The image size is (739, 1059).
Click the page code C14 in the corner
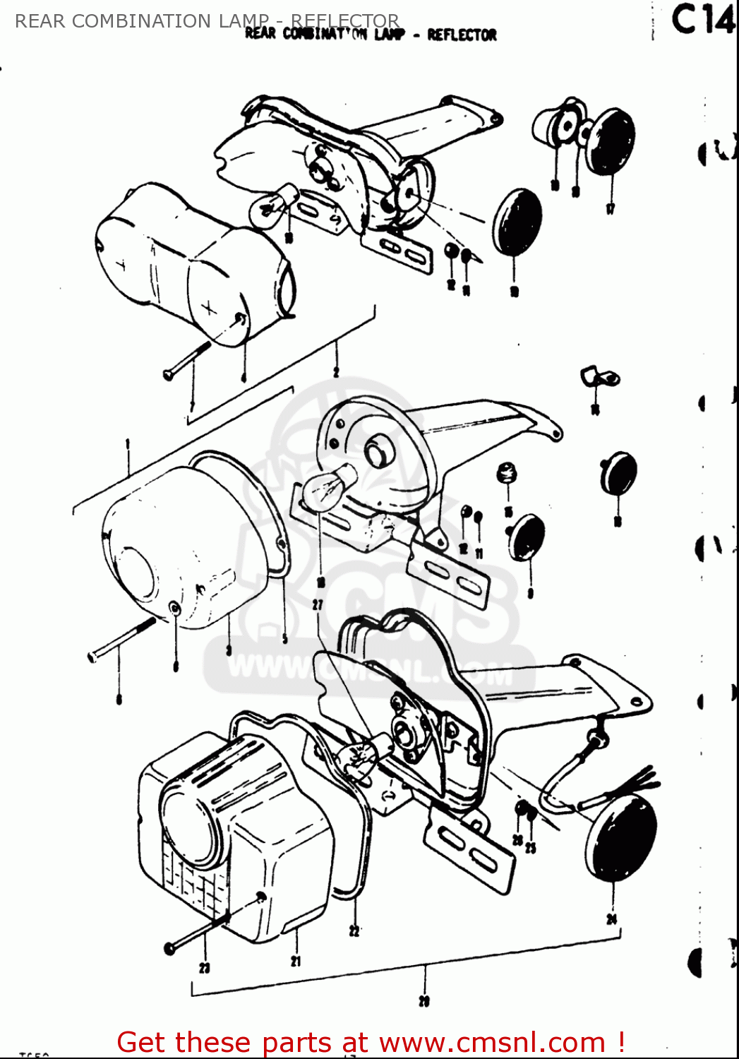coord(702,20)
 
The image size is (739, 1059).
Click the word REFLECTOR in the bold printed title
coord(462,35)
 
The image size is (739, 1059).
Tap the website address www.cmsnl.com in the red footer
coord(492,1042)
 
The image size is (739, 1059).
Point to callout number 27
coord(318,604)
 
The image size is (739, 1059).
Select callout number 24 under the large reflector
coord(611,919)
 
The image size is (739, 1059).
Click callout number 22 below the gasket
coord(354,931)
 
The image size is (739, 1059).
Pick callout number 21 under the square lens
coord(296,960)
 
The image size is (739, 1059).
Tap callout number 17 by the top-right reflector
coord(611,208)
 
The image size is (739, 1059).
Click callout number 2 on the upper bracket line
coord(336,371)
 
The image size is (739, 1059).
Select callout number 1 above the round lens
coord(128,444)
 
